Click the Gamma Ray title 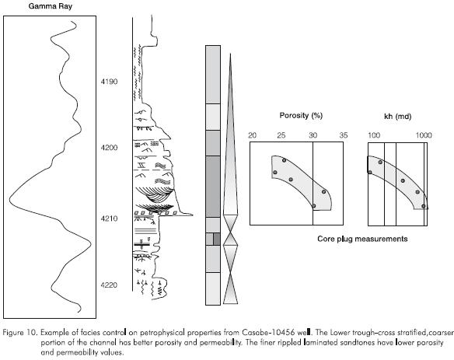[x=50, y=6]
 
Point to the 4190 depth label [x=109, y=82]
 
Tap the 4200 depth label [x=109, y=148]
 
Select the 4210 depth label [x=109, y=218]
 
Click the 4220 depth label [x=109, y=285]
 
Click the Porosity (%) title [x=301, y=116]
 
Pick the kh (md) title [x=397, y=116]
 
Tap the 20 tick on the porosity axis [x=253, y=135]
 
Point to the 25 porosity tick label [x=281, y=135]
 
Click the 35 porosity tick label [x=344, y=135]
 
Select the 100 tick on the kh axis [x=374, y=135]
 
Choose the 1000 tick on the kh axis [x=424, y=135]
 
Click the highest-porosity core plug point [x=323, y=191]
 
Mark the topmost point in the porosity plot [x=284, y=160]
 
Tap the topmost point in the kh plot [x=380, y=162]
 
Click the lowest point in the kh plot [x=424, y=206]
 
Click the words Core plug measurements [x=362, y=239]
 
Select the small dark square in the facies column [x=217, y=239]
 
